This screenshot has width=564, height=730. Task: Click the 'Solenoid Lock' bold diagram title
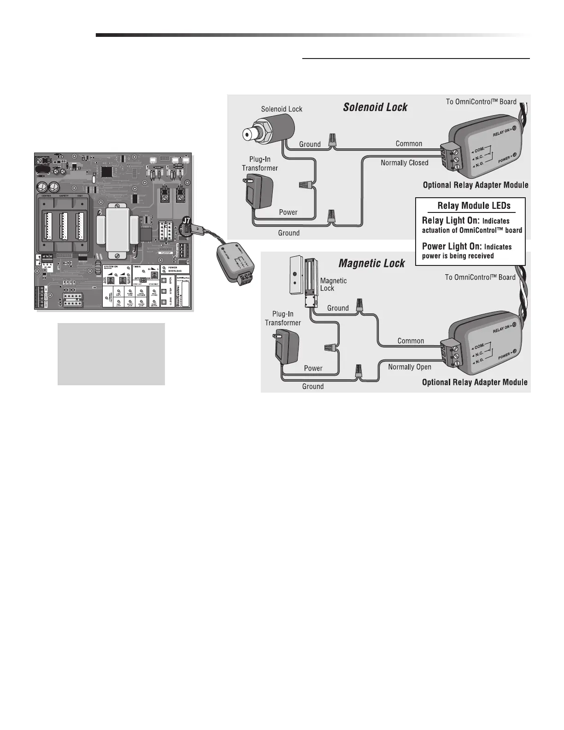coord(375,107)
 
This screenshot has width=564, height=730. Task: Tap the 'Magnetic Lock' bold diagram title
coord(371,264)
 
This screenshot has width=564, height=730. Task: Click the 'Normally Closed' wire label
coord(404,163)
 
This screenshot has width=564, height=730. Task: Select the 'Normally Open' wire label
coord(410,367)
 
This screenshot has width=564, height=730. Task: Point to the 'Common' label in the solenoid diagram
coord(409,144)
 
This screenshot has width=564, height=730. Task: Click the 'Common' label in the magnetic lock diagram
coord(410,341)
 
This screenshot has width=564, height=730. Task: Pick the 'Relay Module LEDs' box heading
coord(474,206)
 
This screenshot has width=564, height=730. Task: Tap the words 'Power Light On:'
coord(452,246)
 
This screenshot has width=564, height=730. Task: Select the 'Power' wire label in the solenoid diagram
coord(288,212)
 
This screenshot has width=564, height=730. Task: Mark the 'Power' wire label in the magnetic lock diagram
coord(313,368)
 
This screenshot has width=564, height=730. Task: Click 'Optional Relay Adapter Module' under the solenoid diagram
coord(476,185)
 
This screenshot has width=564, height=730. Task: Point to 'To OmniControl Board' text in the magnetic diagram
coord(480,277)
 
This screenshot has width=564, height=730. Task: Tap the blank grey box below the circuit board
coord(111,354)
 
